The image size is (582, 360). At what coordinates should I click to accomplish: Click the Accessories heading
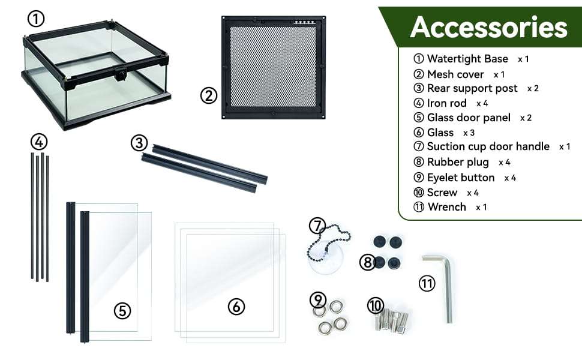[489, 27]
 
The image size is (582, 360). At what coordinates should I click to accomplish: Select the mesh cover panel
[274, 68]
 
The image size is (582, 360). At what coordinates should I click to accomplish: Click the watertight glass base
[96, 75]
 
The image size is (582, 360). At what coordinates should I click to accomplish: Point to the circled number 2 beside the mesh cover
[209, 96]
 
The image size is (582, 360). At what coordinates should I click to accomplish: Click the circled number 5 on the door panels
[122, 311]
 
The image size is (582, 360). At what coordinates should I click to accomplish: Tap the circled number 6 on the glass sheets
[236, 307]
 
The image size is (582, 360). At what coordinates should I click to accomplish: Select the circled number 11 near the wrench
[427, 284]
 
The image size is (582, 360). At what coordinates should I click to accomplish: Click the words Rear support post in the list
[472, 88]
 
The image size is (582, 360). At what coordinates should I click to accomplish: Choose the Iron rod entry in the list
[446, 103]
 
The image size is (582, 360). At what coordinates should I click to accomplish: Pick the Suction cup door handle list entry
[488, 146]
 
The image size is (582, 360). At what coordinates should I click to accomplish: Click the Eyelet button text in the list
[461, 178]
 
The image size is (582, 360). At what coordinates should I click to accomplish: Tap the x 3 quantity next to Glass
[469, 133]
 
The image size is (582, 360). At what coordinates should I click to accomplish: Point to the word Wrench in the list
[447, 207]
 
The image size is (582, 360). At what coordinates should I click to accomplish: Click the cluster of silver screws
[392, 320]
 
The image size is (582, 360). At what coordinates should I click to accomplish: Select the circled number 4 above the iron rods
[39, 142]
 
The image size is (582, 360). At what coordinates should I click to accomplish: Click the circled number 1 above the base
[36, 19]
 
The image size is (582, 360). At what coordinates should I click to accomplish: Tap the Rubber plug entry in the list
[458, 162]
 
